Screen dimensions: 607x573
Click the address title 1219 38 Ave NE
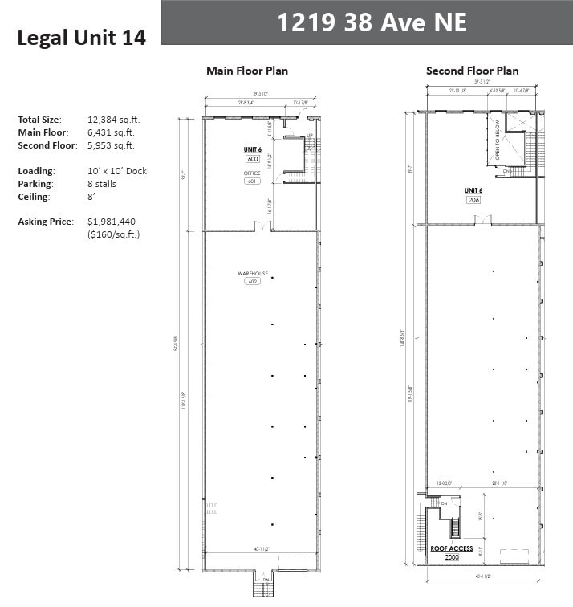[372, 22]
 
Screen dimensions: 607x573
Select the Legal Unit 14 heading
[81, 38]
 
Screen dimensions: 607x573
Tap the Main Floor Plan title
[247, 71]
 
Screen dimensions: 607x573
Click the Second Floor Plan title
[472, 71]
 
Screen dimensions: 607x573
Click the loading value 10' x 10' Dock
[117, 171]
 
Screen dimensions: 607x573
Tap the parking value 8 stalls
[102, 184]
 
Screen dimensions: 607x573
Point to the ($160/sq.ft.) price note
[114, 234]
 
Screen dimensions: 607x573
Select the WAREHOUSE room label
[251, 274]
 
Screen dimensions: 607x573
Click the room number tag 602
[251, 283]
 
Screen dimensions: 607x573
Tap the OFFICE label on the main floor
[252, 173]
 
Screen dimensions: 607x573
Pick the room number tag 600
[252, 159]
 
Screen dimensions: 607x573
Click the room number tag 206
[473, 199]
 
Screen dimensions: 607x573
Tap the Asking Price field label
[45, 222]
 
